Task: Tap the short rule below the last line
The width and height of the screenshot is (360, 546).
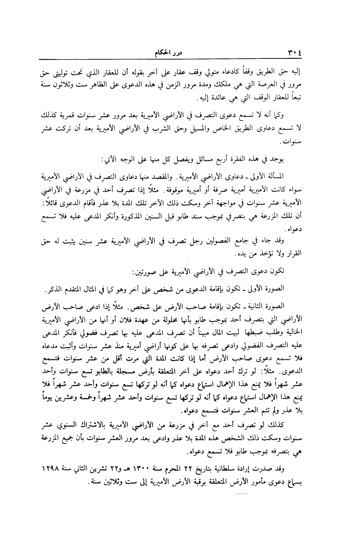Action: [240, 493]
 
